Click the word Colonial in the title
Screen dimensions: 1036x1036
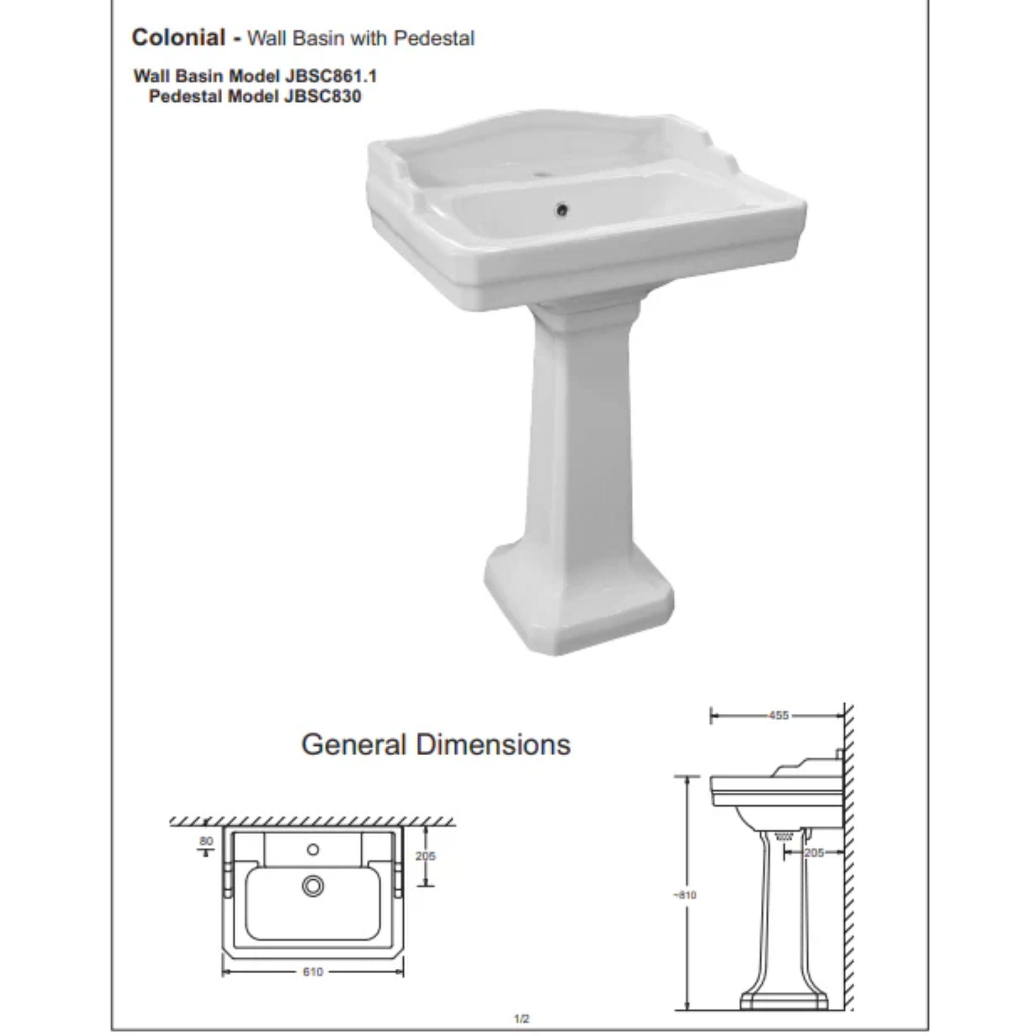click(179, 37)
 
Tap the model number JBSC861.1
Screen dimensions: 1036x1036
click(331, 76)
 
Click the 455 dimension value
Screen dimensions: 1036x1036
click(778, 715)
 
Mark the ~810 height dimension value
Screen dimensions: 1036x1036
click(685, 895)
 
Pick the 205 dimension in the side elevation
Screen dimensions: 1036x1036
click(814, 852)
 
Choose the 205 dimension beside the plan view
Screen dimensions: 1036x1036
click(425, 856)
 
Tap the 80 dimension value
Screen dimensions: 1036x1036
click(206, 841)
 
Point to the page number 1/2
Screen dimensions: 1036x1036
click(522, 1018)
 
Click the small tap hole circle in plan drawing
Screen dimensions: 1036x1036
click(313, 849)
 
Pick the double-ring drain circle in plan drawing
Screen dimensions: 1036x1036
click(313, 886)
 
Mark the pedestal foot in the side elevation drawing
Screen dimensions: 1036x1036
click(784, 1002)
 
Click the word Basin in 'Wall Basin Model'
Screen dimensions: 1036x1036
click(199, 76)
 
